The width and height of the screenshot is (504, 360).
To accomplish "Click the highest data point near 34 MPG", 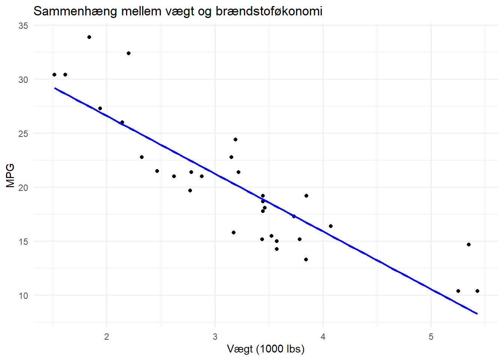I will point(89,37).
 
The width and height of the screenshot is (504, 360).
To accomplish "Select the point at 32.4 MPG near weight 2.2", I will point(129,53).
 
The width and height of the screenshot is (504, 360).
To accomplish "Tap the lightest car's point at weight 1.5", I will point(54,75).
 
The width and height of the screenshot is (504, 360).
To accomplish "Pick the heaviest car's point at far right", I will point(477,291).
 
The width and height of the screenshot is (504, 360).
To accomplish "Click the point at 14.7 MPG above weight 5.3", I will point(469,244).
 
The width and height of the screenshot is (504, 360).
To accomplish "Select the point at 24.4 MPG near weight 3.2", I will point(235,139).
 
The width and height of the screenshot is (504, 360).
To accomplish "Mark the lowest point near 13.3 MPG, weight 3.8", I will point(306,259).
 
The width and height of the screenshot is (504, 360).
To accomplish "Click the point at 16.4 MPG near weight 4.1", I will point(331,226).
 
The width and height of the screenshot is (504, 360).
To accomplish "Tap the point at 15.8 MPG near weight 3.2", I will point(234,232).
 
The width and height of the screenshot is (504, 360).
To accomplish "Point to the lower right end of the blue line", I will point(477,313).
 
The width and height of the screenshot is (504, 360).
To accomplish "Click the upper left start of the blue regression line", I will point(55,88).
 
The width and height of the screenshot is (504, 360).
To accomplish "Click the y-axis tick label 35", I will point(23,26).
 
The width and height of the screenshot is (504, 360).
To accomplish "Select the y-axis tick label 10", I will point(23,296).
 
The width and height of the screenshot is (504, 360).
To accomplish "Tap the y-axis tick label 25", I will point(23,134).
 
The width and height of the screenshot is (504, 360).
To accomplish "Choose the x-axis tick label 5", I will point(431,337).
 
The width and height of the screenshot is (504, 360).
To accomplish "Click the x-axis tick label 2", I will point(107,337).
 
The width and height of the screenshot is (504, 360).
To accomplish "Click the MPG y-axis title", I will point(10,175).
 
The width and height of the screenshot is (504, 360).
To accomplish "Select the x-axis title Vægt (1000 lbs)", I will point(265,349).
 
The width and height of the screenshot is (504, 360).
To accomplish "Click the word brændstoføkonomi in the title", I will point(269,11).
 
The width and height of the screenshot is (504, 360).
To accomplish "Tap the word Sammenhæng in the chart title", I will point(75,11).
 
